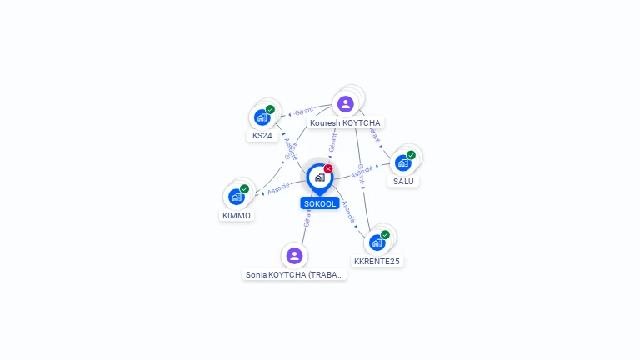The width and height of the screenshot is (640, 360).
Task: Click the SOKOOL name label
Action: (320, 203)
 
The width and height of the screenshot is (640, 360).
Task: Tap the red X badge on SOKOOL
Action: (328, 169)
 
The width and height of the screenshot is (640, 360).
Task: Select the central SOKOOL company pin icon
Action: (319, 177)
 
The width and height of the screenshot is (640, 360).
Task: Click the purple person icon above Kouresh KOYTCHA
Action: (345, 104)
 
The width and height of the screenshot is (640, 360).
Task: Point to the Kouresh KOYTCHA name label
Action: (345, 122)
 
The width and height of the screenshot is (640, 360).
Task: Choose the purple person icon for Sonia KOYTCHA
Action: (294, 256)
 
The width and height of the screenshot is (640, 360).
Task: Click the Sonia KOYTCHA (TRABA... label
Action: (294, 274)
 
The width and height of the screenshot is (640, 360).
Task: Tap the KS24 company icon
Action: (262, 117)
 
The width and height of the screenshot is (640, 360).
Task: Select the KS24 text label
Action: (262, 135)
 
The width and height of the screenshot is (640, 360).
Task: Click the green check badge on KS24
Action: (270, 109)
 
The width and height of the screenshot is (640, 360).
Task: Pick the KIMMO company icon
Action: (236, 197)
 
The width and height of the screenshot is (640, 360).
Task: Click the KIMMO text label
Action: (236, 215)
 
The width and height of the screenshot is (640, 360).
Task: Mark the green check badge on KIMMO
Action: (244, 189)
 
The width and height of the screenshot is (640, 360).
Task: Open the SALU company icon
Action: (402, 162)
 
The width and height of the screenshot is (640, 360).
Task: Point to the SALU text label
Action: (403, 181)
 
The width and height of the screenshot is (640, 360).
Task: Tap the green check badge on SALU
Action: (411, 155)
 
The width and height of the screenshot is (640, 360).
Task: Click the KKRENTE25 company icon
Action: (377, 242)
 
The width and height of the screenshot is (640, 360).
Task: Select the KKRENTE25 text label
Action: (377, 261)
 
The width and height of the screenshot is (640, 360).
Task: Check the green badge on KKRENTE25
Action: (385, 235)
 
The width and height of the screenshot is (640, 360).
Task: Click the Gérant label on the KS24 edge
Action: (303, 111)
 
